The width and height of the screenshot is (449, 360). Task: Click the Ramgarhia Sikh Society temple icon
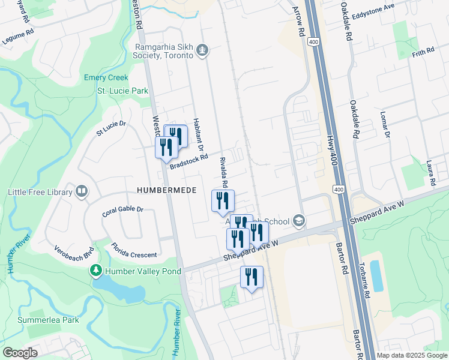coord(202,50)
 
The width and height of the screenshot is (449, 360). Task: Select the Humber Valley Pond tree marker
coord(95,271)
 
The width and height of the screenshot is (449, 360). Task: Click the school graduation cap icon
coord(298,221)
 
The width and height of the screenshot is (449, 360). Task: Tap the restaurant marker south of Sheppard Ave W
coord(252,277)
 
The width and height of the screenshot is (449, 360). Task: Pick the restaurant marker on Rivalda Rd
coord(223,201)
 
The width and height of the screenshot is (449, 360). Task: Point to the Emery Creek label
coord(106,78)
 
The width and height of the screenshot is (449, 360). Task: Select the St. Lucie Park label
coord(123,91)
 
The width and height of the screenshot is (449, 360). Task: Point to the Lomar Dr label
coord(385,124)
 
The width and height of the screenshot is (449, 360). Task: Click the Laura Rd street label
coord(430,172)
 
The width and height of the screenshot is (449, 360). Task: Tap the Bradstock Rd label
coord(188,161)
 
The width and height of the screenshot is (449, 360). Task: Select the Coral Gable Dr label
coord(122,210)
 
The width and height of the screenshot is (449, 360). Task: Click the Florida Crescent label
coord(134,251)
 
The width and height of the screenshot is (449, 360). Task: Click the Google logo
coord(20,353)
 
